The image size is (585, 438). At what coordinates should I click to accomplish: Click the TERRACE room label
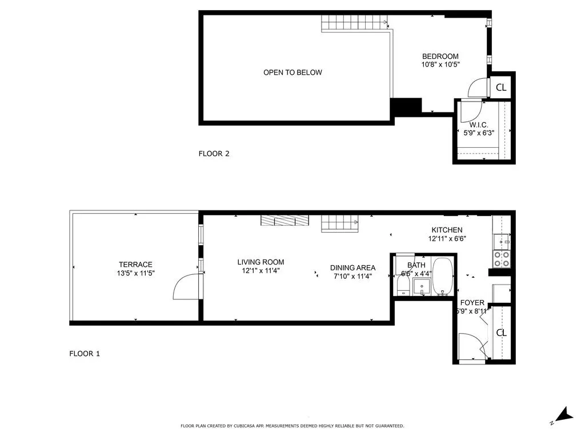[135, 265]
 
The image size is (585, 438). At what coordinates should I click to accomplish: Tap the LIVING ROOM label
[261, 262]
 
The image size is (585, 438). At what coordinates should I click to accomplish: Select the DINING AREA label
[352, 267]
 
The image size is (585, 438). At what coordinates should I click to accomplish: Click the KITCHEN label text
[447, 230]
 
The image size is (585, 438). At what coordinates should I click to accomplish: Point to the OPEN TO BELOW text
[292, 72]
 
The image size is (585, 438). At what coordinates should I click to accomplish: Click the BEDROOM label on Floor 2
[440, 56]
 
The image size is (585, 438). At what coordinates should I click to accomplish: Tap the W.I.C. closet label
[478, 125]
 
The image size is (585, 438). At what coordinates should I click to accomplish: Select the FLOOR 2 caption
[214, 153]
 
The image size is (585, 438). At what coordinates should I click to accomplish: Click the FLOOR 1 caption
[85, 354]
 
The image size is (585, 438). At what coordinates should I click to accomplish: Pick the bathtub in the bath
[443, 277]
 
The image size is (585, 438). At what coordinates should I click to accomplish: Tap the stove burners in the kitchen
[502, 259]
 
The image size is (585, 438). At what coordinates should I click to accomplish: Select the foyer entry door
[471, 346]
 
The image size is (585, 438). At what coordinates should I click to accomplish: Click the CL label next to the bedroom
[501, 87]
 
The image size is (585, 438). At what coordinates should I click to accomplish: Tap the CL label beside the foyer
[501, 332]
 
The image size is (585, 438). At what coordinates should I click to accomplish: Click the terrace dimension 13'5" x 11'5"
[135, 273]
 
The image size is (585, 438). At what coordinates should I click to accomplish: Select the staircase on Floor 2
[354, 23]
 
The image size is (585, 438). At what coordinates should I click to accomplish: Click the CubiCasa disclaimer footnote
[292, 426]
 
